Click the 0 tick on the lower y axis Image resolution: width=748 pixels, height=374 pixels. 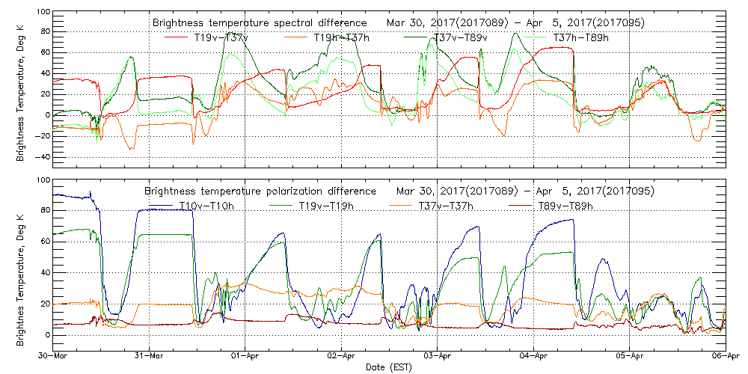pyautogui.click(x=46, y=335)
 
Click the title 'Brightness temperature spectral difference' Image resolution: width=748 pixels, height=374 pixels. pyautogui.click(x=259, y=22)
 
